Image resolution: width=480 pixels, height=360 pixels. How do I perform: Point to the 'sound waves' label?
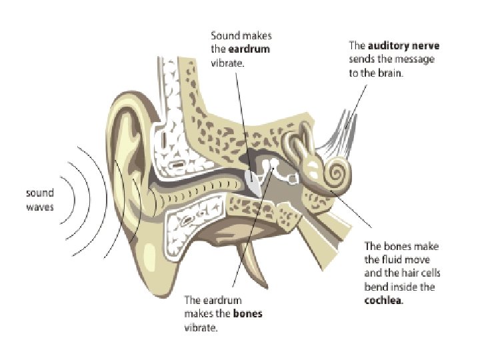(x=41, y=199)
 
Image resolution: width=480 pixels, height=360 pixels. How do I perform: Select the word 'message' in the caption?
(x=418, y=59)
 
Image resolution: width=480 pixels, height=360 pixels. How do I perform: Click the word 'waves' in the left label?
(x=41, y=206)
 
